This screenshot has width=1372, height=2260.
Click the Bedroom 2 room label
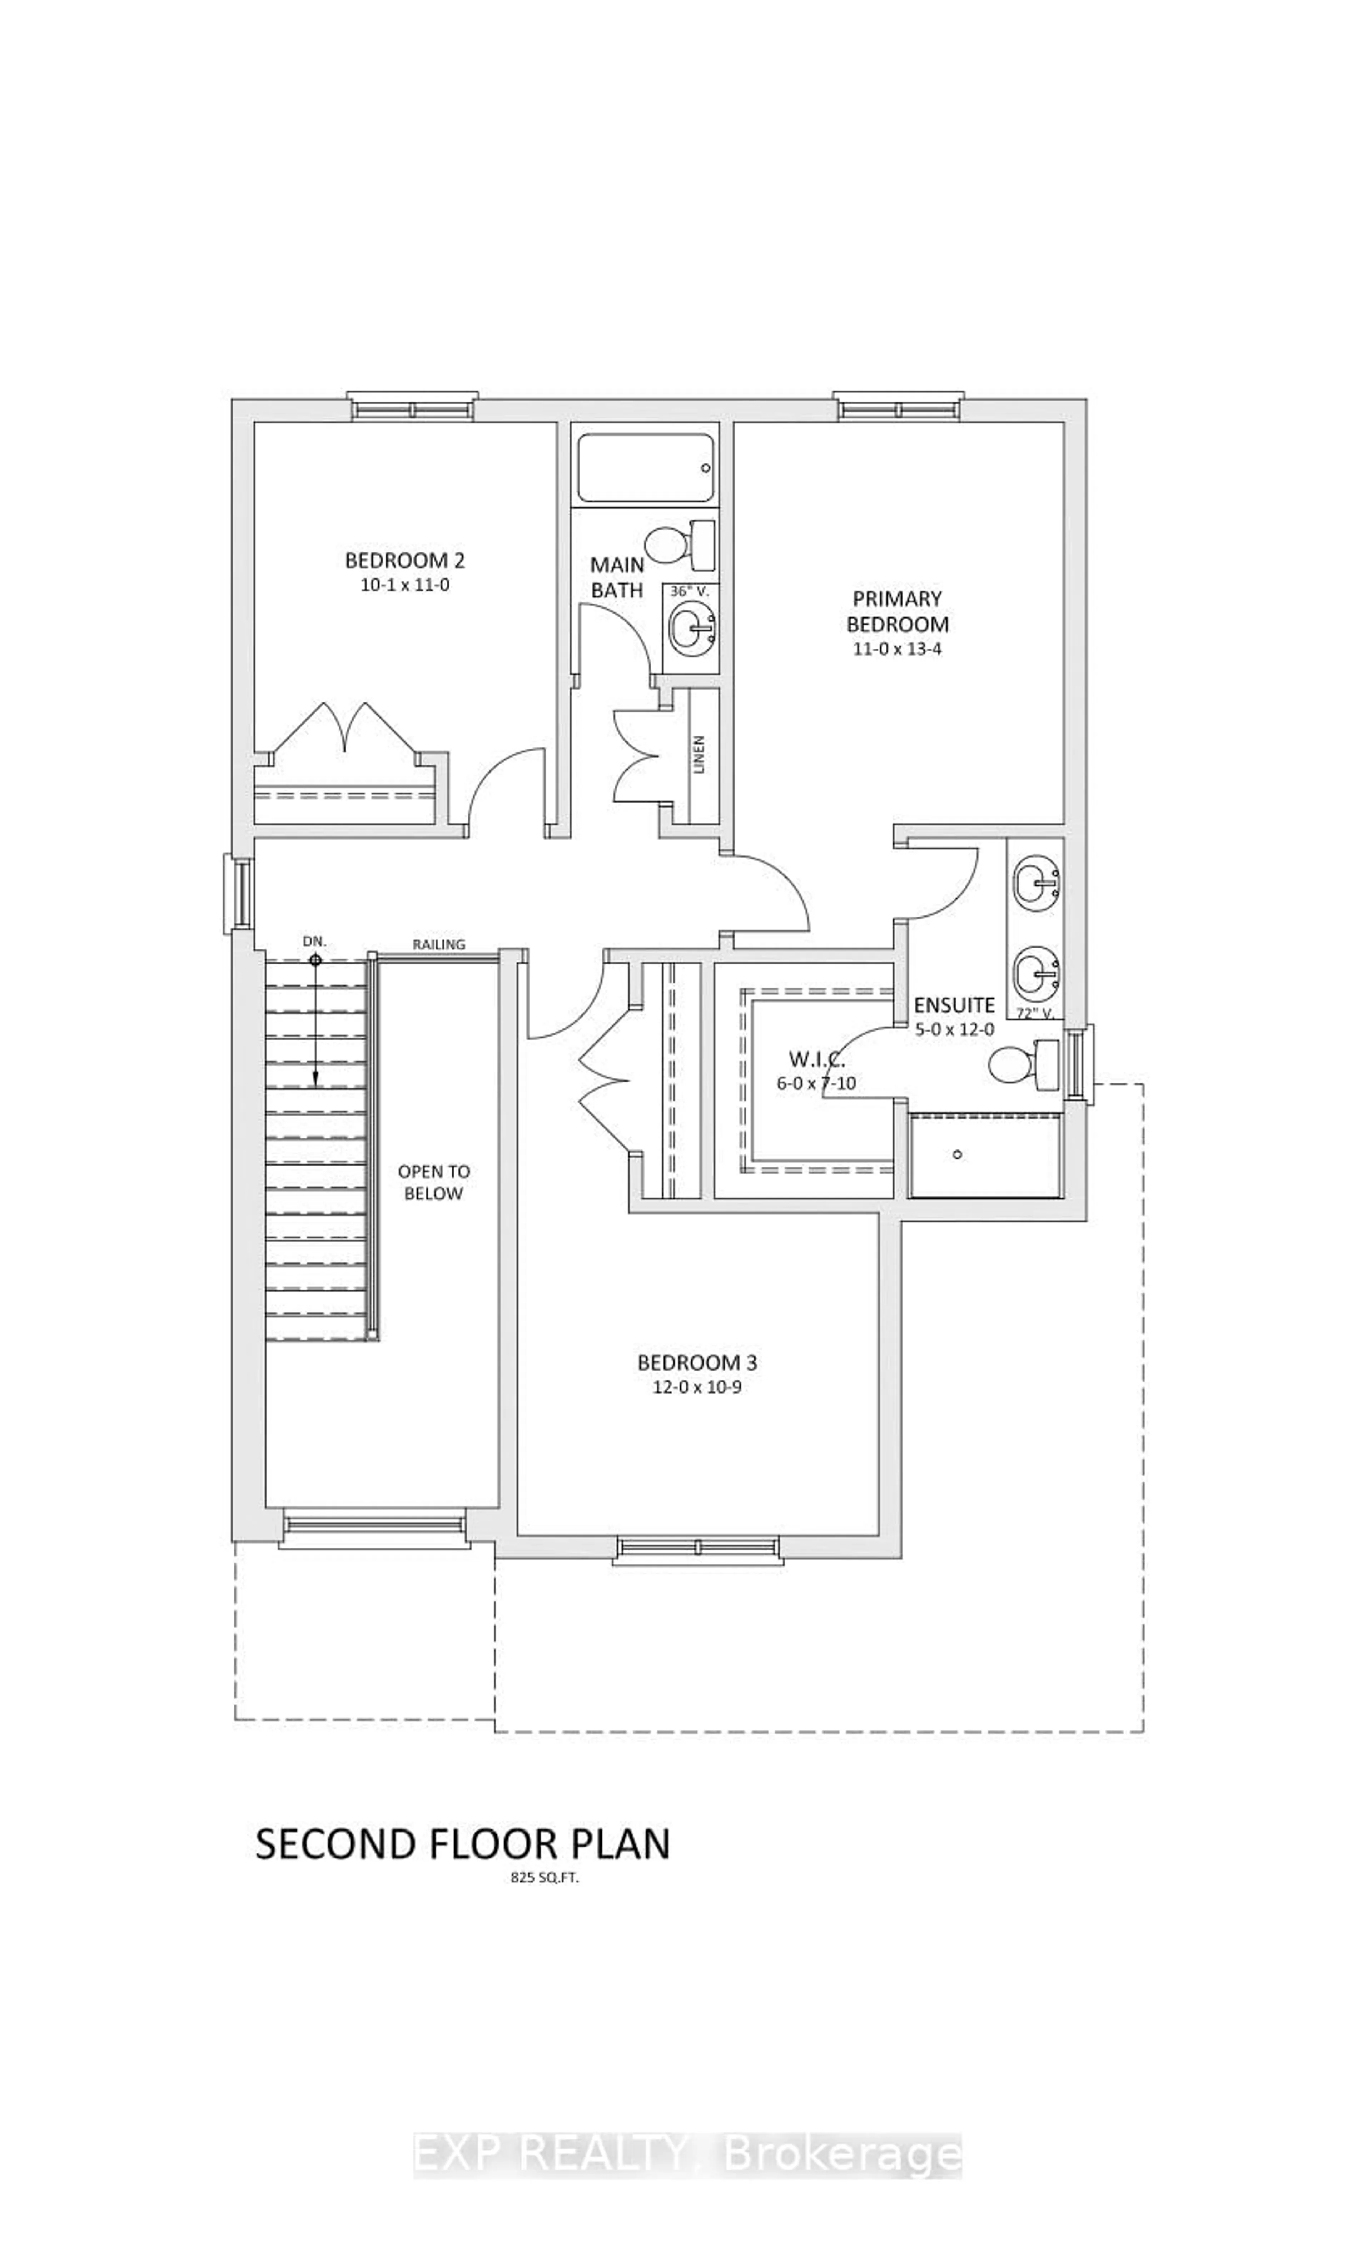pyautogui.click(x=404, y=560)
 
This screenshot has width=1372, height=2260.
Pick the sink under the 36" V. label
pyautogui.click(x=690, y=629)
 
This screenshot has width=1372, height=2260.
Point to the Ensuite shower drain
pyautogui.click(x=956, y=1154)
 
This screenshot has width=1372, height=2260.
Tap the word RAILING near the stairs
pyautogui.click(x=438, y=944)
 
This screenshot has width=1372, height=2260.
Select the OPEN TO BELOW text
pyautogui.click(x=434, y=1182)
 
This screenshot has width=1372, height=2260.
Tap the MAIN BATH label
pyautogui.click(x=616, y=577)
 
